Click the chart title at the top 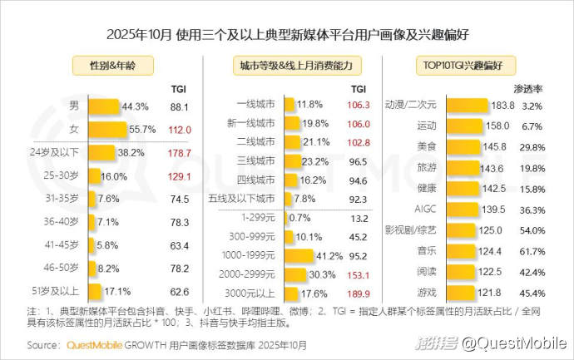(x=286, y=35)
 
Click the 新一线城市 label (x=252, y=124)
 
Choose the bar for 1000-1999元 (x=311, y=254)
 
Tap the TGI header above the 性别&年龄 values (x=179, y=87)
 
